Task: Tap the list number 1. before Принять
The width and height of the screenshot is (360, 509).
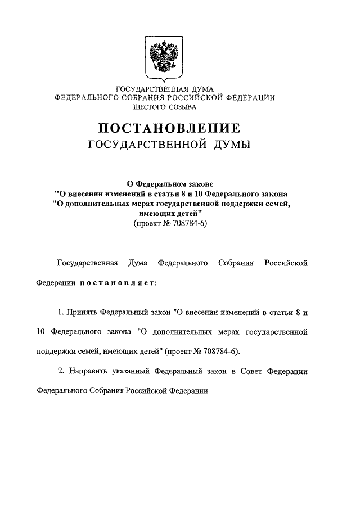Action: point(61,311)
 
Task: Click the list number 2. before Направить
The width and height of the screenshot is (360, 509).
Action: point(61,371)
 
